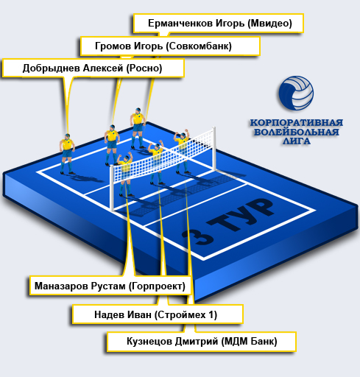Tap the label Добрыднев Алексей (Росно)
(93, 68)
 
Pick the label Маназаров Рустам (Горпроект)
(110, 286)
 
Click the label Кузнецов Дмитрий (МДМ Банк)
(202, 342)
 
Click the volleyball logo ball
(296, 93)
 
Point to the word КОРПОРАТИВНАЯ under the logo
(296, 122)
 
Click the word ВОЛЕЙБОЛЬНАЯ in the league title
(296, 132)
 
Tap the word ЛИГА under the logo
(296, 141)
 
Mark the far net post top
(214, 128)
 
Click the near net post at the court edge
(112, 188)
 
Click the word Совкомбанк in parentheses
(199, 46)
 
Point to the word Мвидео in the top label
(269, 24)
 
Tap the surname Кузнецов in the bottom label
(149, 342)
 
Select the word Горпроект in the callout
(157, 286)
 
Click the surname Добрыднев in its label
(51, 68)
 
